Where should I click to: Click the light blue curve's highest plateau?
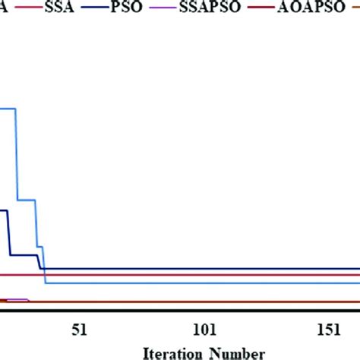click(x=8, y=109)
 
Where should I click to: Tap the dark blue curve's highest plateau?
click(x=4, y=210)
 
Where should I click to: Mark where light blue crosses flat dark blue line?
click(x=44, y=269)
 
